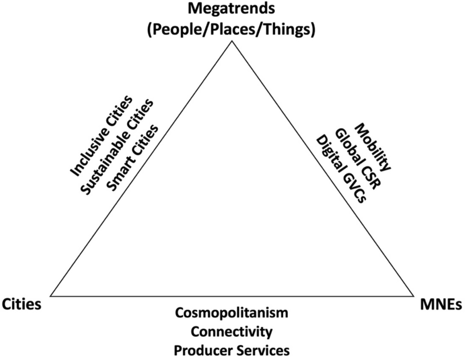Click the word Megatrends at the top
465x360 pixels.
(232, 9)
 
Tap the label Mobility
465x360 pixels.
(374, 147)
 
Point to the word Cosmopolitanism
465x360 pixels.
(232, 313)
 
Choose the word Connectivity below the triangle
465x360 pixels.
(232, 331)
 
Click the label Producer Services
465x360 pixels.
(232, 349)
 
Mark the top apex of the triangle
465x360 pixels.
(232, 41)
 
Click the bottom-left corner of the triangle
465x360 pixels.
(51, 296)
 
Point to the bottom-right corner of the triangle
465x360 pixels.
(413, 296)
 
